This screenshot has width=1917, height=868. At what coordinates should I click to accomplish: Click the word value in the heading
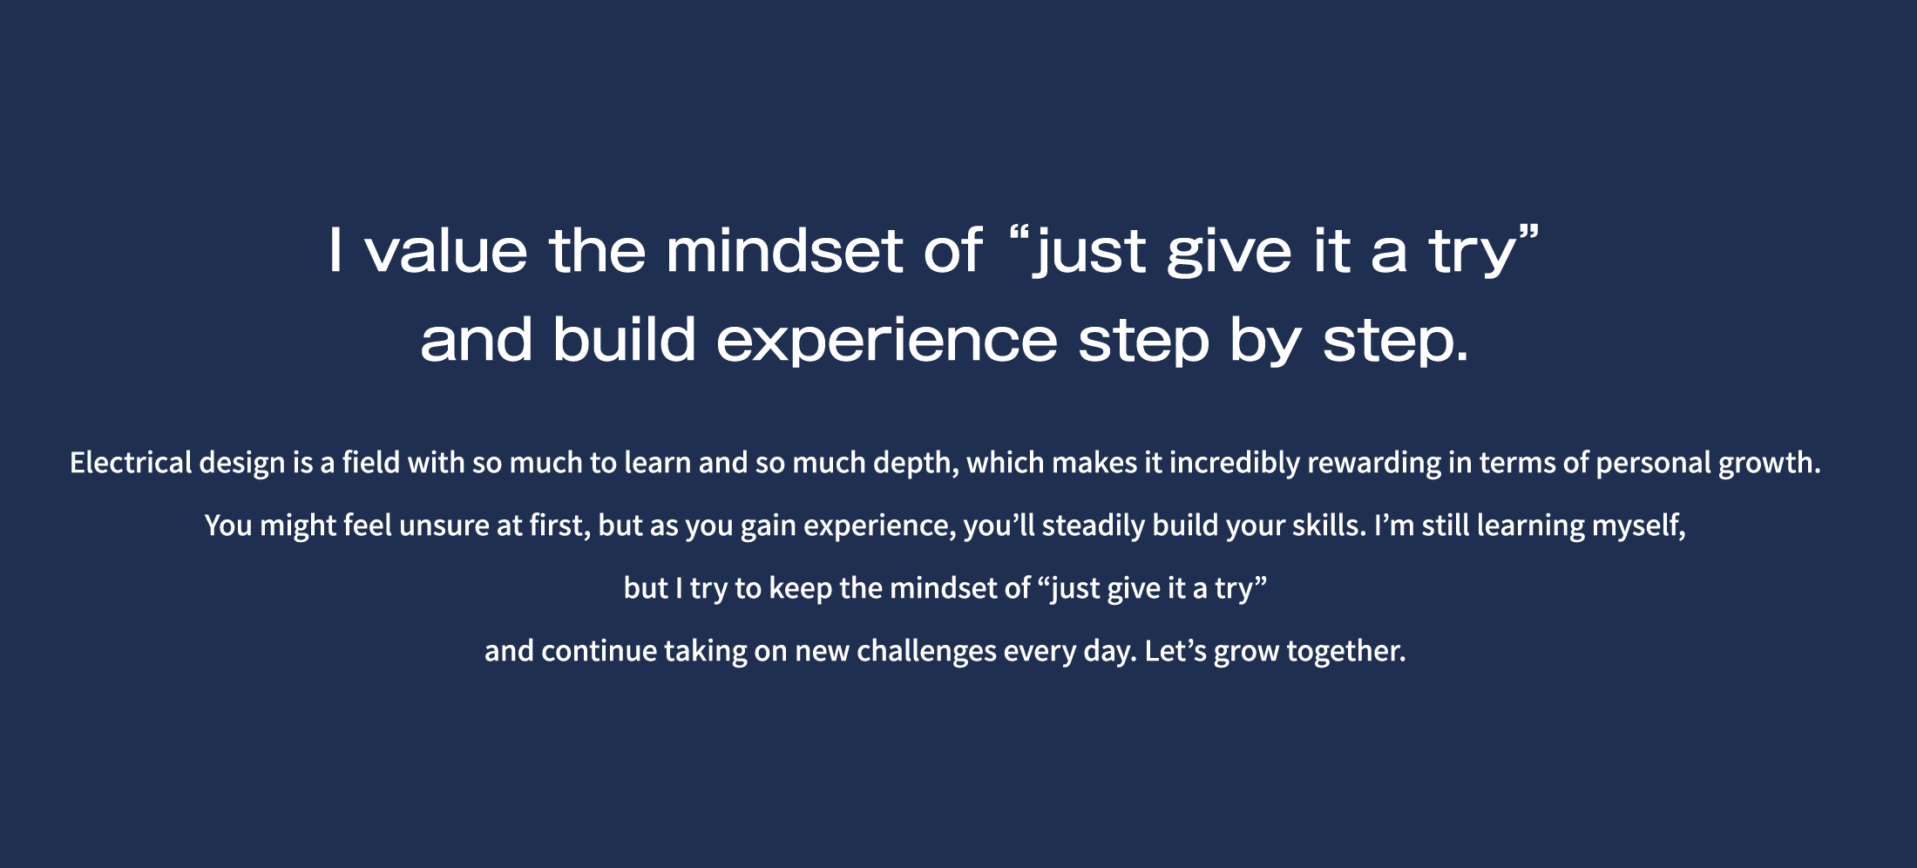pos(446,251)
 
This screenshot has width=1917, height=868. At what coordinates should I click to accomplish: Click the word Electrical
pos(130,462)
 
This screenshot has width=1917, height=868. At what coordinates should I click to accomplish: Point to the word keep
pos(801,589)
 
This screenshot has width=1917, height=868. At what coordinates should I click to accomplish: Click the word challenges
pos(926,652)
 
